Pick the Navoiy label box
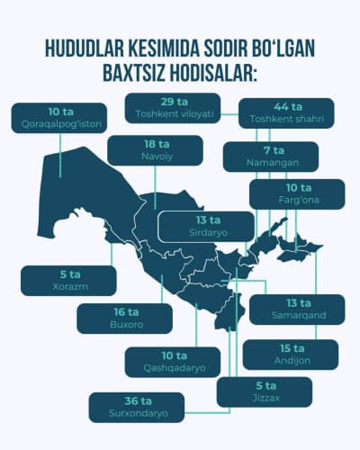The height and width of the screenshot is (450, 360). pos(150,151)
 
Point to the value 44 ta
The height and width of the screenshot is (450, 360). pos(288,105)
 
